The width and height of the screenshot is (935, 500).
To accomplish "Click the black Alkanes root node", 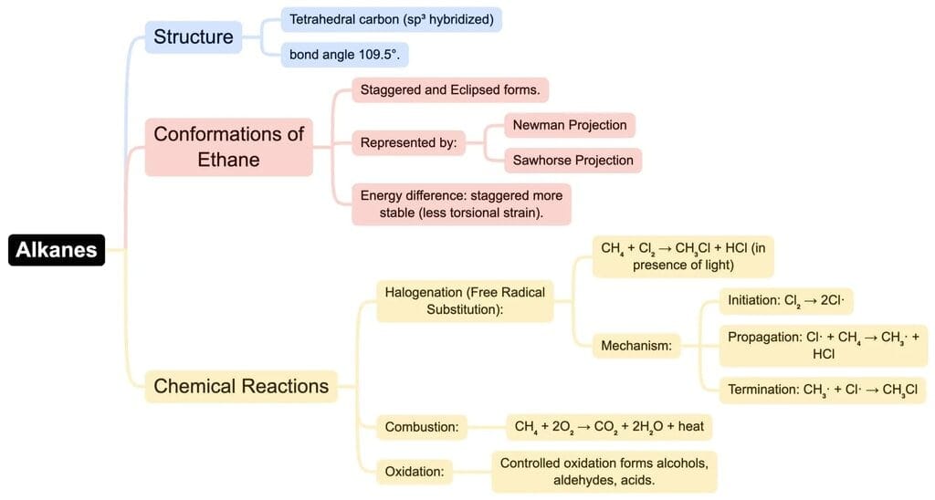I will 57,249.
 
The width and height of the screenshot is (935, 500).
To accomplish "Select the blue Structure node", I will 194,37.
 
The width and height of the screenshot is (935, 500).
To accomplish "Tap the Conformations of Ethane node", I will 228,147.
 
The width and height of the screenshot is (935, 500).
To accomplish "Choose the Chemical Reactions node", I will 241,386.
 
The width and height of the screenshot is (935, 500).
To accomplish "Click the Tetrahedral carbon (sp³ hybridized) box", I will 391,19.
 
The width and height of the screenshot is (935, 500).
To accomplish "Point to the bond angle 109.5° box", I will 344,54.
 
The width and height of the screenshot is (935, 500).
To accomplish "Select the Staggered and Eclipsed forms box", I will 450,90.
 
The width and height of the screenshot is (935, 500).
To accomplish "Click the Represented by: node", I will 408,142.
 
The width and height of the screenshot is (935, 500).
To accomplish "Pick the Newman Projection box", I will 570,125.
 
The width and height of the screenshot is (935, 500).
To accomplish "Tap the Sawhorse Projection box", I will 573,160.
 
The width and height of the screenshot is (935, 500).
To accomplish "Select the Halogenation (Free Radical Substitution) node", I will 465,301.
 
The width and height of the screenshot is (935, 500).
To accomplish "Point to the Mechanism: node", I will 636,346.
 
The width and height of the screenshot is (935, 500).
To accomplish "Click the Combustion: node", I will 421,426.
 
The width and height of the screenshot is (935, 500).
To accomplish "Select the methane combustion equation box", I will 608,426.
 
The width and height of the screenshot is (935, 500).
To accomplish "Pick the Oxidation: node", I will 414,471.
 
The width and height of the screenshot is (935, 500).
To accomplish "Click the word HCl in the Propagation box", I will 824,354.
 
